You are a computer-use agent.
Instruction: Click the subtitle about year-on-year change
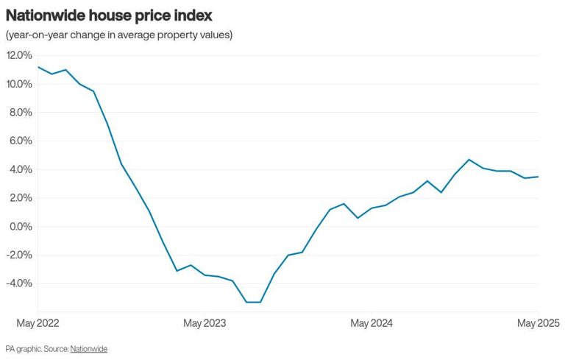[x=119, y=35]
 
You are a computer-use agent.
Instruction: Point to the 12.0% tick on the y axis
[x=19, y=55]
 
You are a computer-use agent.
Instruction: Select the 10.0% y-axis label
[x=19, y=84]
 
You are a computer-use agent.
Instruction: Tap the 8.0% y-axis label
[x=20, y=113]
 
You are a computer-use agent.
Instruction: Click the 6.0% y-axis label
[x=20, y=141]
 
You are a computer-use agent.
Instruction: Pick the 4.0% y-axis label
[x=20, y=169]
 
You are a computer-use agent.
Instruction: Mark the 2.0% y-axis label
[x=20, y=198]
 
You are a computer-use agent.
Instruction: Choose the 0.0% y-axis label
[x=20, y=227]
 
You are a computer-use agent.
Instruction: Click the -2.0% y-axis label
[x=18, y=255]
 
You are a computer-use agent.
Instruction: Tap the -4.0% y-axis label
[x=18, y=283]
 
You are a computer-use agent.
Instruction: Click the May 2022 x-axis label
[x=38, y=323]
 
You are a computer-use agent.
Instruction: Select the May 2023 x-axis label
[x=205, y=323]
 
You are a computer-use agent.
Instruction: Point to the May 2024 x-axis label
[x=372, y=323]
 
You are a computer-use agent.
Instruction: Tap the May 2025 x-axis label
[x=538, y=323]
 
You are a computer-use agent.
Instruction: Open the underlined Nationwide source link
[x=88, y=349]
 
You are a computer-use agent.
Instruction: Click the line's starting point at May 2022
[x=38, y=67]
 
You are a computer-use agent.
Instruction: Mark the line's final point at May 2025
[x=538, y=177]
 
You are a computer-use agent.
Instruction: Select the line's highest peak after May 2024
[x=469, y=159]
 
